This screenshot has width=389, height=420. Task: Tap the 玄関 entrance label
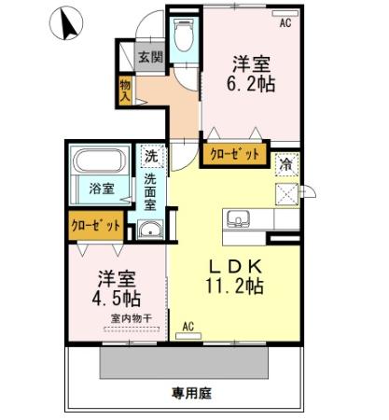[x=151, y=57]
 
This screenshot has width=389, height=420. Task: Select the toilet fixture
[x=183, y=38]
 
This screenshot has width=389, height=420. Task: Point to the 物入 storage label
[x=124, y=90]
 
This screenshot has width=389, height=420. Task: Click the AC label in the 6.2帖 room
[x=285, y=23]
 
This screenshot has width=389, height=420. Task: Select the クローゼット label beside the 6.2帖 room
[x=235, y=154]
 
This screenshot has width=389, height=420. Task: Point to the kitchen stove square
[x=285, y=192]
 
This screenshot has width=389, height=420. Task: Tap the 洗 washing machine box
[x=151, y=156]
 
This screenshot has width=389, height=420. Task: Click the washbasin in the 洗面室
[x=150, y=231]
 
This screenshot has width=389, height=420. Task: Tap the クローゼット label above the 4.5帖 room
[x=97, y=225]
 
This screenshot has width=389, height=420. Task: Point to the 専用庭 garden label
[x=190, y=394]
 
